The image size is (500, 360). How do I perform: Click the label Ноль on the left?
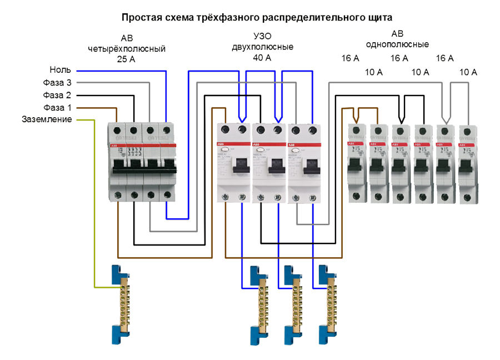tap(60, 70)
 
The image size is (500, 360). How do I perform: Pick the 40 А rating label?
tap(262, 58)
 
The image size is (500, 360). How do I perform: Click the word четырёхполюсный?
tap(127, 49)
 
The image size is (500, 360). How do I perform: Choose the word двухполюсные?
tap(262, 47)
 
